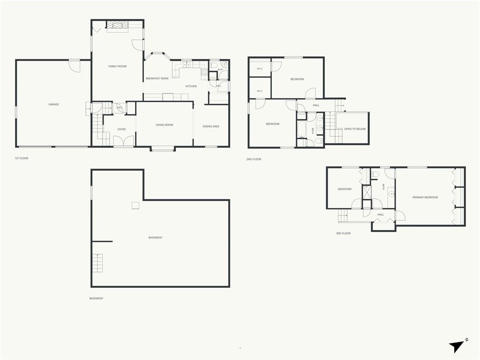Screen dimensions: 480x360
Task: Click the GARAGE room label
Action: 53,105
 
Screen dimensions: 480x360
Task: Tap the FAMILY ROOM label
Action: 117,66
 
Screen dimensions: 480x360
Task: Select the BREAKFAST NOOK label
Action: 157,78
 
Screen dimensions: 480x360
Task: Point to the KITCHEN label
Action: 191,86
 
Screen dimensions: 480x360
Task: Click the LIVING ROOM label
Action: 165,125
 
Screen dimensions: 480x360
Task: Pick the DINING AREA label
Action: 211,126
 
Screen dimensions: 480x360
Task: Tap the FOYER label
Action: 121,129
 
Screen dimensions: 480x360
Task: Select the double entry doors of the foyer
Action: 124,141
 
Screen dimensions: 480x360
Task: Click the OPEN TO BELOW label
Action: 355,129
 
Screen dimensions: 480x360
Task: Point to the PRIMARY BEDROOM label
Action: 425,197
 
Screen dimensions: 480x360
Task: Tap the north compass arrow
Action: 457,346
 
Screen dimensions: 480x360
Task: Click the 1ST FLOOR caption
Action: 22,158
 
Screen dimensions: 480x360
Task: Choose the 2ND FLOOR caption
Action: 254,159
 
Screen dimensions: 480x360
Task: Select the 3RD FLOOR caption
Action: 343,233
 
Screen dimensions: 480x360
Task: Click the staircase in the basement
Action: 97,263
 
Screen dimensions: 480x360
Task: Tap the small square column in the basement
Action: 135,205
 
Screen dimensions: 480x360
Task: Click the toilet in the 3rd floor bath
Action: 375,174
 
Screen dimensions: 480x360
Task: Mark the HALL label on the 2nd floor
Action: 316,105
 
